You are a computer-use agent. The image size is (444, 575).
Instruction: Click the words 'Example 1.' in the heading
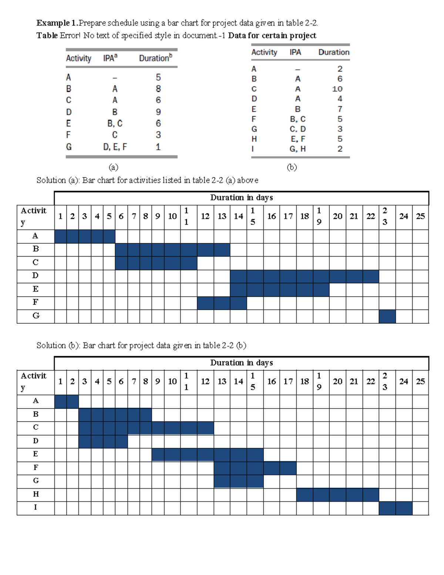tap(57, 23)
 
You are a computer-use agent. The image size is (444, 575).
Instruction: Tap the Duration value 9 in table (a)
tap(158, 112)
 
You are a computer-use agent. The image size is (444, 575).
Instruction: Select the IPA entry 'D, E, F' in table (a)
tap(115, 147)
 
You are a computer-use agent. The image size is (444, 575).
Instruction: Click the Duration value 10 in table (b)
tap(337, 89)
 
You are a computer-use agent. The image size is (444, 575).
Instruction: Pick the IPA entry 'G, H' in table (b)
tap(297, 149)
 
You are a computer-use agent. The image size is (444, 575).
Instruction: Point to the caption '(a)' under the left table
tap(114, 167)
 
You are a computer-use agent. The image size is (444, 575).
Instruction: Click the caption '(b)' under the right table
tap(292, 167)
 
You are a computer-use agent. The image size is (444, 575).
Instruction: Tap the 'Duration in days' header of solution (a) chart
tap(242, 198)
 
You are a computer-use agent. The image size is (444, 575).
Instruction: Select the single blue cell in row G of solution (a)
tap(387, 317)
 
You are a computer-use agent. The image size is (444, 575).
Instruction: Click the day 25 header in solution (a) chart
tap(420, 216)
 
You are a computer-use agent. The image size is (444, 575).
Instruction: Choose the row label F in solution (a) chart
tap(36, 302)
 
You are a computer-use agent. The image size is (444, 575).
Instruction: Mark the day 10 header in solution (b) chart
tap(172, 381)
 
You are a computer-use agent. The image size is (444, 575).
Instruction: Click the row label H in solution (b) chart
tap(36, 494)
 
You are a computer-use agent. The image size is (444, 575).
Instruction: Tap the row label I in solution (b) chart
tap(36, 508)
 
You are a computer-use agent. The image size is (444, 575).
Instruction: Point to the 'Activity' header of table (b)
tap(264, 52)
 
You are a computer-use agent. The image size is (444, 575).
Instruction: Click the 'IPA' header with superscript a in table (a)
tap(110, 58)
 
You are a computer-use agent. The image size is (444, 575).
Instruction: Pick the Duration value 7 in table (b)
tap(340, 109)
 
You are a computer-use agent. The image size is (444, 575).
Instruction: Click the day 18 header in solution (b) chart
tap(305, 381)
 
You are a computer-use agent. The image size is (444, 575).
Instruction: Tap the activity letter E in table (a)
tap(68, 123)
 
